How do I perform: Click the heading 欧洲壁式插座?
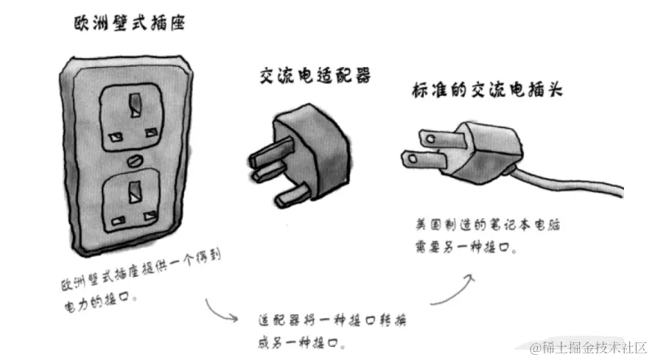point(129,24)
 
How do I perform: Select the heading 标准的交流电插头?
point(486,91)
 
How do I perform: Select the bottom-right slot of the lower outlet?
point(153,220)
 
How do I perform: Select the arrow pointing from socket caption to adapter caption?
point(222,310)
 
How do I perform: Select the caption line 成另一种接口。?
point(302,343)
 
